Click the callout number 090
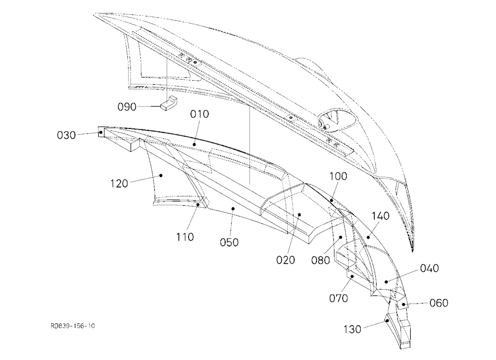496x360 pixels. pos(127,107)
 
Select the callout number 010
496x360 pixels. pos(199,114)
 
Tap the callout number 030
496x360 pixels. pos(66,135)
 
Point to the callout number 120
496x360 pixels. pos(119,183)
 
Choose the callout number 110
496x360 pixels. pos(185,237)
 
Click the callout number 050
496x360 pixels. pos(229,242)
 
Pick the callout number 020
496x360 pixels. pos(285,260)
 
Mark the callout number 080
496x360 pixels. pos(320,260)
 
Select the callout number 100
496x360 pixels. pos(338,176)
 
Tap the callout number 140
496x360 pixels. pos(380,216)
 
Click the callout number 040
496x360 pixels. pos(429,268)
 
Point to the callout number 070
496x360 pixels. pos(338,298)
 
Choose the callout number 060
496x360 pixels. pos(439,303)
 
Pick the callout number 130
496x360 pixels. pos(352,330)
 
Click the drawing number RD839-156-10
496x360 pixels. pos(72,326)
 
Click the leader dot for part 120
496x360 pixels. pos(161,175)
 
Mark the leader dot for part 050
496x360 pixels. pos(233,208)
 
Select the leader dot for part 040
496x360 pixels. pos(386,281)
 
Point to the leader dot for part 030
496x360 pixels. pos(101,133)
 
